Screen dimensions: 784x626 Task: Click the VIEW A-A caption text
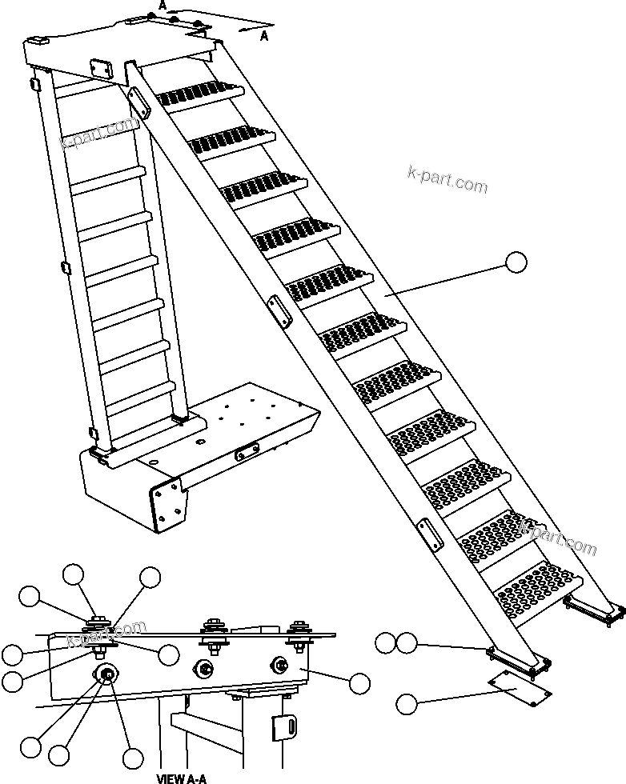coord(181,778)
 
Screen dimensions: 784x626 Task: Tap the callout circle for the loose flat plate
coord(407,704)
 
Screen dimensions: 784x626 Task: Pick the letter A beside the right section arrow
coord(265,35)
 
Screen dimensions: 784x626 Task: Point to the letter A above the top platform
coord(163,5)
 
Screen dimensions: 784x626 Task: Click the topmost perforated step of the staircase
coord(200,95)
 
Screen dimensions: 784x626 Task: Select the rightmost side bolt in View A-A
coord(281,663)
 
